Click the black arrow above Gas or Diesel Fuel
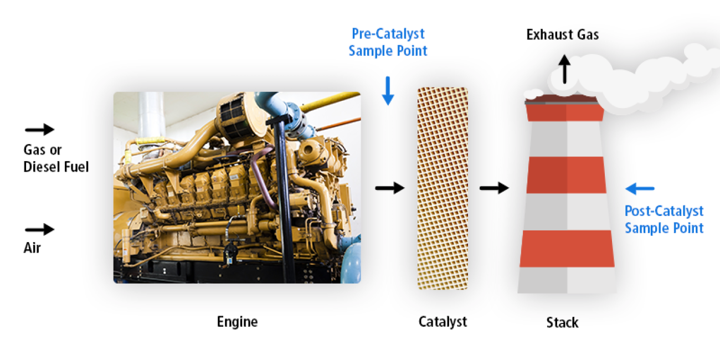[40, 130]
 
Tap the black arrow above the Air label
[40, 229]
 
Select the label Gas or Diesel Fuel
[56, 158]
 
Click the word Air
[32, 248]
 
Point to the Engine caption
[237, 322]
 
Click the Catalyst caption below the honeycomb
[443, 322]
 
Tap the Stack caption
[562, 322]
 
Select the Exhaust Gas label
[562, 35]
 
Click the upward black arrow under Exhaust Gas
[564, 69]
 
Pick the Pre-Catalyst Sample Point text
[388, 42]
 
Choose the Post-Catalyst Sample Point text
[664, 219]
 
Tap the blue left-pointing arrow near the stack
[640, 189]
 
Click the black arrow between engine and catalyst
[390, 188]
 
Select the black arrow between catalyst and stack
[494, 188]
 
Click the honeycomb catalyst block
[443, 188]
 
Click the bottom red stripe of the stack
[567, 248]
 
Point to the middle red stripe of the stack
[567, 174]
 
